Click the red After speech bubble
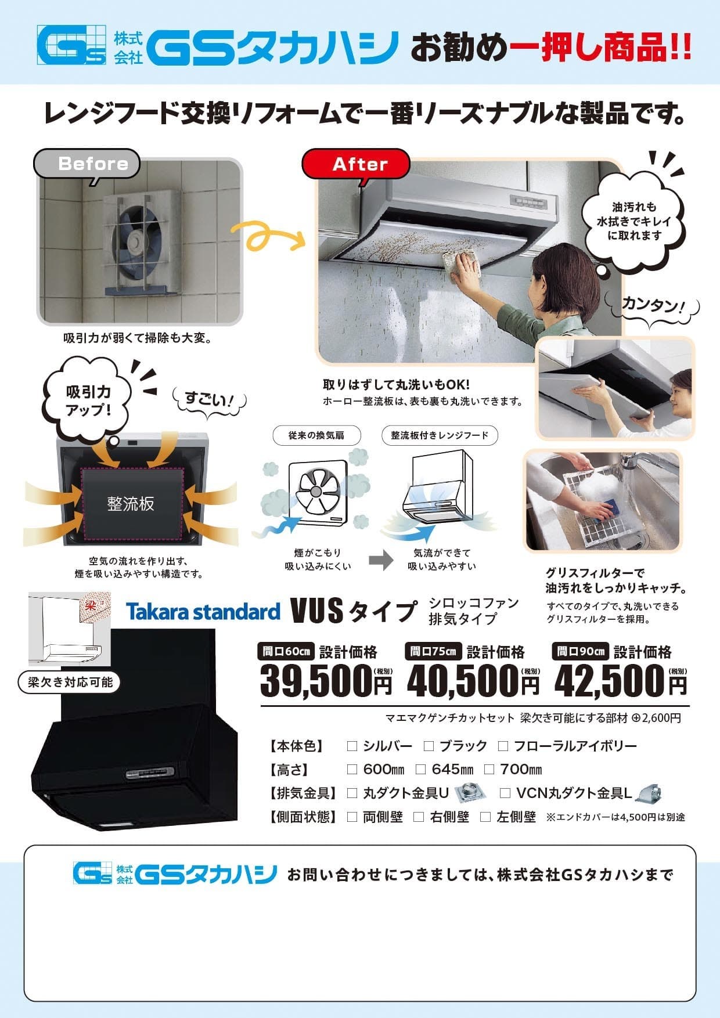point(355,164)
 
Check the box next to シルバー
point(351,746)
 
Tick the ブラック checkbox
point(429,746)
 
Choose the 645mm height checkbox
point(421,770)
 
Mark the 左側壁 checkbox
point(485,817)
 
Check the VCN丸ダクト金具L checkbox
point(505,793)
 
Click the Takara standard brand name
point(203,611)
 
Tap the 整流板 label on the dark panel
point(131,503)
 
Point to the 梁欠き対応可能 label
point(70,681)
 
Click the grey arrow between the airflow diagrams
point(381,560)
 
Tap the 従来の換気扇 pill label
point(316,435)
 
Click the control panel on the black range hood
point(149,773)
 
